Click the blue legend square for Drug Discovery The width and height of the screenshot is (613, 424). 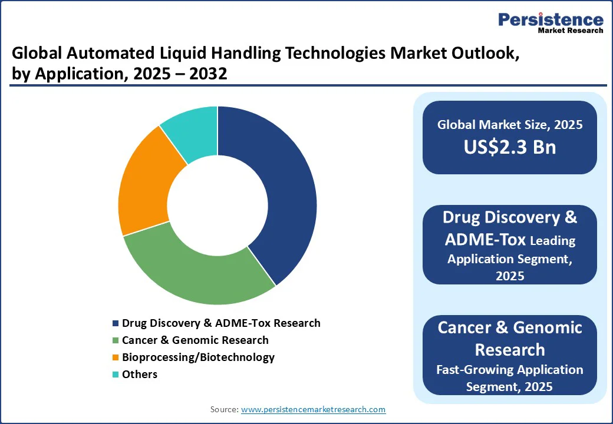[116, 323]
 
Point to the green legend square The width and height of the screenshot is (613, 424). [116, 340]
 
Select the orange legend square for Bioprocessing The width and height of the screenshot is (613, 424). [116, 357]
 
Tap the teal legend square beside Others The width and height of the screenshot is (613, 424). [116, 375]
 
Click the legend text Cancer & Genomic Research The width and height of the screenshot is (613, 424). [195, 340]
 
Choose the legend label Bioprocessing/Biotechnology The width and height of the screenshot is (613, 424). [198, 357]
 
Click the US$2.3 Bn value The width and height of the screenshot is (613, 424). [510, 147]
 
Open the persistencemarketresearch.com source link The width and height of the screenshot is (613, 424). [313, 409]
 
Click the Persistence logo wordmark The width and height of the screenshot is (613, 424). [551, 19]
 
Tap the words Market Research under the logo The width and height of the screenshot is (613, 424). [571, 31]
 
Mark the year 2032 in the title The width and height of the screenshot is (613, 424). [208, 74]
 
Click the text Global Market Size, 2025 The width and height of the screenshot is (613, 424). [510, 124]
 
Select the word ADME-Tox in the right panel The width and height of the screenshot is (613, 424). [485, 239]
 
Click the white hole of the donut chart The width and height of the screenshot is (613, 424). [217, 206]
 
